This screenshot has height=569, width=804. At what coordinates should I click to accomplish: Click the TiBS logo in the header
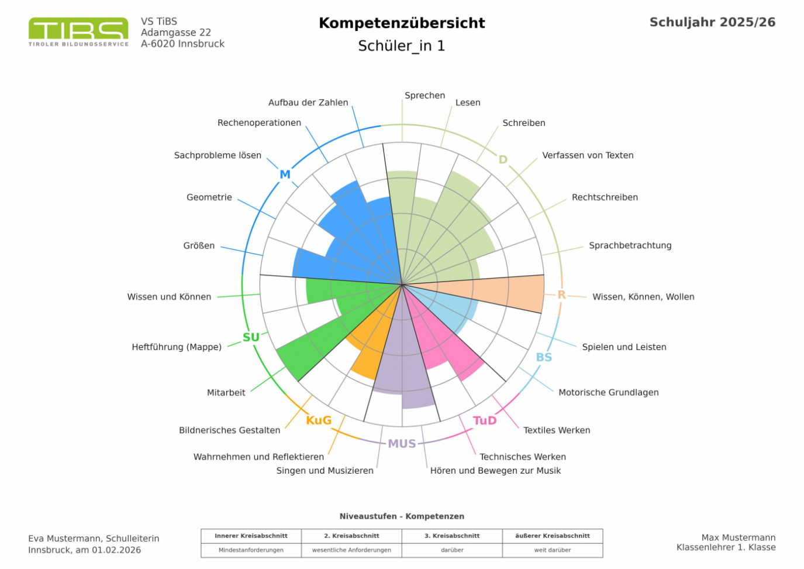(x=78, y=32)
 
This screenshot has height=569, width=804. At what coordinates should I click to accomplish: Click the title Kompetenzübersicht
(x=402, y=23)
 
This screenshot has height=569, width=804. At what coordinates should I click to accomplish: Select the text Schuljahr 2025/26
(x=712, y=22)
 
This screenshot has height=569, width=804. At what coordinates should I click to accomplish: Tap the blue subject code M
(x=285, y=174)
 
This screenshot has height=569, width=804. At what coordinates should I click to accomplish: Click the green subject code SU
(x=251, y=337)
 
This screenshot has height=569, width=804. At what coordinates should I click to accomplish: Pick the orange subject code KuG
(x=319, y=420)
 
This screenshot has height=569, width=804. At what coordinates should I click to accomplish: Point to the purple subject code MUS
(x=402, y=444)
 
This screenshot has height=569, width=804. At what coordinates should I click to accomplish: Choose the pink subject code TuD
(x=485, y=420)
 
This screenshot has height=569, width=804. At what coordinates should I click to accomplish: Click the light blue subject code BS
(x=544, y=357)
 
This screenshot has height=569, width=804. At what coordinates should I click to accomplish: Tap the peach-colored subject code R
(x=561, y=295)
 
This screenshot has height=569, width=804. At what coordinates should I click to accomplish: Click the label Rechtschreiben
(x=605, y=197)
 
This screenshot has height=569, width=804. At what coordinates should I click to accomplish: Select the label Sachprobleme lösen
(x=218, y=155)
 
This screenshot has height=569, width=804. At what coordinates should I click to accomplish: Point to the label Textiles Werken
(x=557, y=430)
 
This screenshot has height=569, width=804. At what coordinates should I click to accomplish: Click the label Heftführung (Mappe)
(x=177, y=347)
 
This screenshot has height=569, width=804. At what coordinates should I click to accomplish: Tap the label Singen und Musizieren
(x=325, y=471)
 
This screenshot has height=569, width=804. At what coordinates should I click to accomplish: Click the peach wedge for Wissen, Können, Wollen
(x=515, y=293)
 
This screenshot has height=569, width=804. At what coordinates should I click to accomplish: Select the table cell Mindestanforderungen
(x=251, y=550)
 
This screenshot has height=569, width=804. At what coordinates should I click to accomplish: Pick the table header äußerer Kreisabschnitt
(x=552, y=536)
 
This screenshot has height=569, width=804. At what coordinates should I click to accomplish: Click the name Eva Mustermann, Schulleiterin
(x=94, y=539)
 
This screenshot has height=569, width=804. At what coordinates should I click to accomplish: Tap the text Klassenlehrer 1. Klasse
(x=726, y=547)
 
